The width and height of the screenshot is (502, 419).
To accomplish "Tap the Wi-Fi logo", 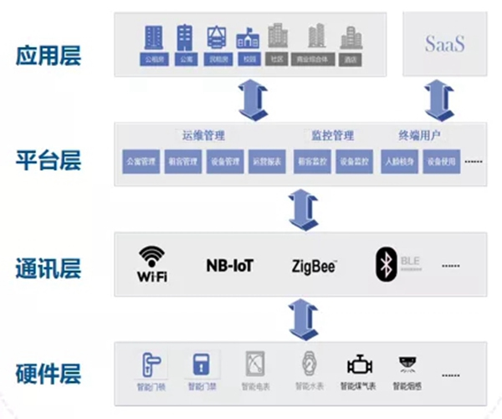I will [152, 263].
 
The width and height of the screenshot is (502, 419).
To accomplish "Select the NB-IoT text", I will [229, 266].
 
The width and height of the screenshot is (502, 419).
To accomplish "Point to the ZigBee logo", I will [314, 267].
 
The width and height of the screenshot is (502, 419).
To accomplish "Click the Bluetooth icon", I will [386, 264].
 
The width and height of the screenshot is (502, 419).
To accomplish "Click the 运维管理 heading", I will [203, 135].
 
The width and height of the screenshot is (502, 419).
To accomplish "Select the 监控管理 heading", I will [332, 135].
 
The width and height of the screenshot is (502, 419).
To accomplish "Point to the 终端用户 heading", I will [420, 135].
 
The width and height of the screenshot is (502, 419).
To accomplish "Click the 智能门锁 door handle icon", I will [152, 364].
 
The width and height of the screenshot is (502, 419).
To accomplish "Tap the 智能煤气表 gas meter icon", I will [360, 365].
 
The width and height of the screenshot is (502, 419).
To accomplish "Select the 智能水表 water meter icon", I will [308, 365].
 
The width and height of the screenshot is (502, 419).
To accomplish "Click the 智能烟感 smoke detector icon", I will [409, 365].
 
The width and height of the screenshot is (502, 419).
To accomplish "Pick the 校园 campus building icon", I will [247, 37].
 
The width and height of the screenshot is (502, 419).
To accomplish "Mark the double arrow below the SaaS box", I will [433, 100].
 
